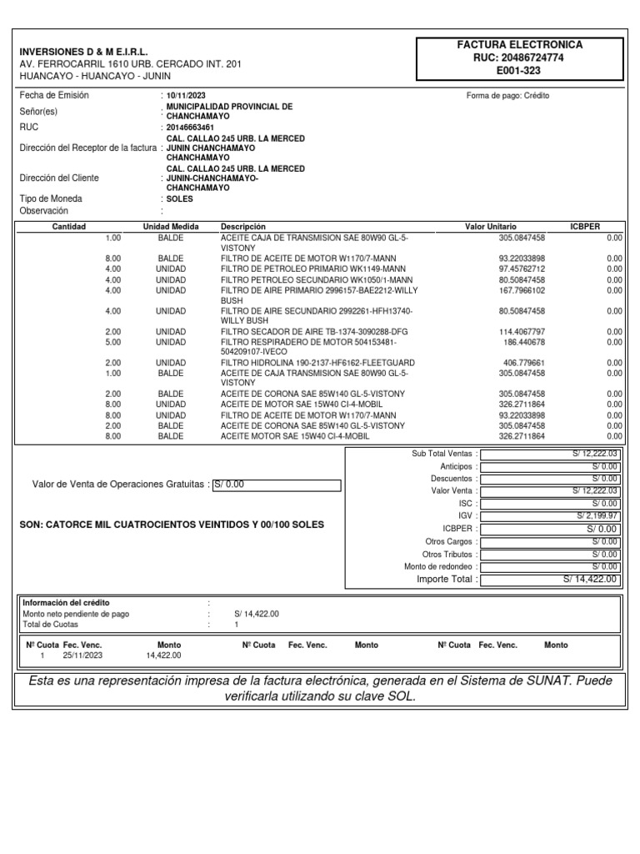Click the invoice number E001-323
[x=520, y=72]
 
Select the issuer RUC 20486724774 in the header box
[x=520, y=58]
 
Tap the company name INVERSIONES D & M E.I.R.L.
[x=83, y=52]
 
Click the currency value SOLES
[x=179, y=200]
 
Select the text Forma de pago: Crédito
[x=507, y=96]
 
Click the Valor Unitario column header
[x=490, y=227]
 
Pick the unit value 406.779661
[x=522, y=363]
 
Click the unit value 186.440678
[x=523, y=342]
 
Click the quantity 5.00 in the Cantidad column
[x=112, y=342]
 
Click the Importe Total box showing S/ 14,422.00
[x=551, y=579]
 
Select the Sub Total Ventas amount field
[x=551, y=454]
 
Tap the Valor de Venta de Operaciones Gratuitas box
[x=277, y=485]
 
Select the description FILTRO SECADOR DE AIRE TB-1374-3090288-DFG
[x=303, y=332]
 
